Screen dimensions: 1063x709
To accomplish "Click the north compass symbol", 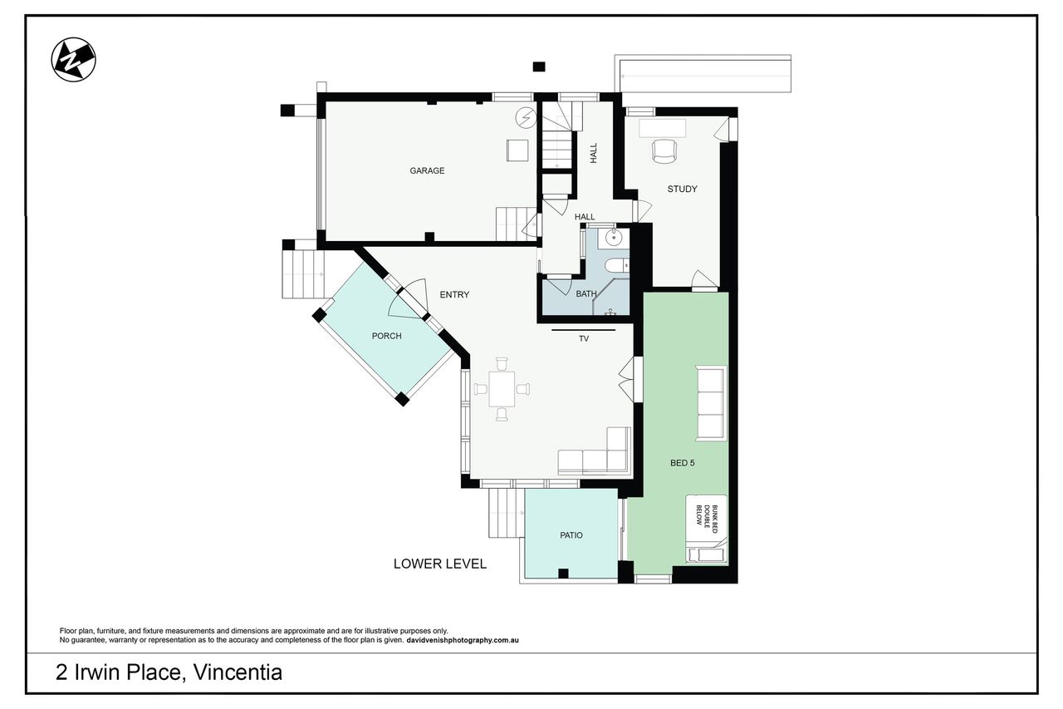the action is [74, 60].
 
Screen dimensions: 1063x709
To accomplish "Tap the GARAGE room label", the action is [427, 170].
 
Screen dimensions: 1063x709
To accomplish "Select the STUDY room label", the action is [682, 189].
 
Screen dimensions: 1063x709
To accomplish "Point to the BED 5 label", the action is [682, 462].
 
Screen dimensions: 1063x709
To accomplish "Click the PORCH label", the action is [386, 336].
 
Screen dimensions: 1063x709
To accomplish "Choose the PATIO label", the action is [571, 535].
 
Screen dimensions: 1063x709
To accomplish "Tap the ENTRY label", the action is [454, 294].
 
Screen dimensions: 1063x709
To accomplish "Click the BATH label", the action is [586, 294].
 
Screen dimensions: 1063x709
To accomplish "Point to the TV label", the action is [584, 338].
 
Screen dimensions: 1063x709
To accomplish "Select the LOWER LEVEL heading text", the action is [440, 564].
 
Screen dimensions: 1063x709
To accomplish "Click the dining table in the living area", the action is [502, 389].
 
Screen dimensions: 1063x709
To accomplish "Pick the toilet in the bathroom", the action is [617, 265].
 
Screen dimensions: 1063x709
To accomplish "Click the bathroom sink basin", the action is [614, 237].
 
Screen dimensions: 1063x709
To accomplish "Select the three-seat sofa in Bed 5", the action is [711, 403].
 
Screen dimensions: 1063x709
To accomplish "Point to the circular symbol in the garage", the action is [526, 118].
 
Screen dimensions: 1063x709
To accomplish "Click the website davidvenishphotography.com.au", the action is [463, 640].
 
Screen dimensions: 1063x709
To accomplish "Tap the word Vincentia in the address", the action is [238, 672].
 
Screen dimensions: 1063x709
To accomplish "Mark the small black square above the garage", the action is [539, 66].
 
